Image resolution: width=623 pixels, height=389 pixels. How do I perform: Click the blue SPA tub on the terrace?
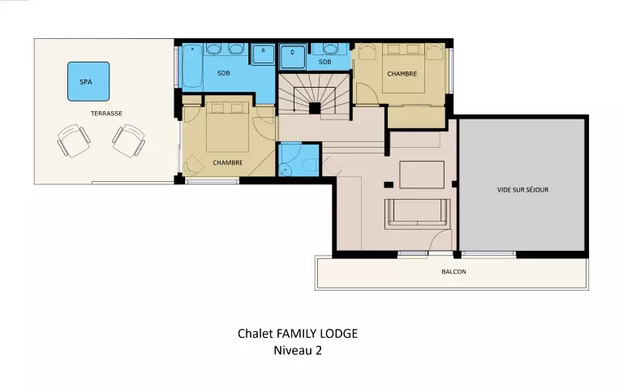point(88,81)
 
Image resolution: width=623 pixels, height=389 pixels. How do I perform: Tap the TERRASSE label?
point(106,114)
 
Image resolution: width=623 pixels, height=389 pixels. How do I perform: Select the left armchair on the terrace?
point(74,140)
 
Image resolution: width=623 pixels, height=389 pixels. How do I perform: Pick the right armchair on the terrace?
point(129,140)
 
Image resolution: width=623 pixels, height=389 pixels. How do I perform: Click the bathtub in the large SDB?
point(193,66)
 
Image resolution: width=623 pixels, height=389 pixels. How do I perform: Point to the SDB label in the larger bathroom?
point(224,73)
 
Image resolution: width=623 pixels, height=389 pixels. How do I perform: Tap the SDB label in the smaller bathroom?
point(324,62)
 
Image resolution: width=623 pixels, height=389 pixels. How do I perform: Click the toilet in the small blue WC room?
point(311,164)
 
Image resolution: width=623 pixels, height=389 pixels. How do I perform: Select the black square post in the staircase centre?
point(315,108)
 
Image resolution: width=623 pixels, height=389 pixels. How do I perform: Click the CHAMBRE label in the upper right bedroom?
point(402,74)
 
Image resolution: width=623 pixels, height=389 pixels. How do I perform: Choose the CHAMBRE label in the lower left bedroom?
point(228,162)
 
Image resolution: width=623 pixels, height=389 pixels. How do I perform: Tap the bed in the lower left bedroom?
point(227,127)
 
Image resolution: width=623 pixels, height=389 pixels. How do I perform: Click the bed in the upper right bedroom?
point(403,68)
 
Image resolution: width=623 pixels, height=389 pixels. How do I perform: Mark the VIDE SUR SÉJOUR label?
point(523,190)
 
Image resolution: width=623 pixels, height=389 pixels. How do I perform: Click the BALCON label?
point(453,272)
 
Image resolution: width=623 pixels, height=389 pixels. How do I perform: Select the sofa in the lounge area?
point(418,214)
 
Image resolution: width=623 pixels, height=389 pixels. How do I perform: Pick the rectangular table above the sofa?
point(422,175)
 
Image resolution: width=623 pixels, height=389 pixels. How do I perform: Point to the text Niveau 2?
point(298,350)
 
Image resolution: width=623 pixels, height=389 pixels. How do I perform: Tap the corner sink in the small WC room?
point(285,170)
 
